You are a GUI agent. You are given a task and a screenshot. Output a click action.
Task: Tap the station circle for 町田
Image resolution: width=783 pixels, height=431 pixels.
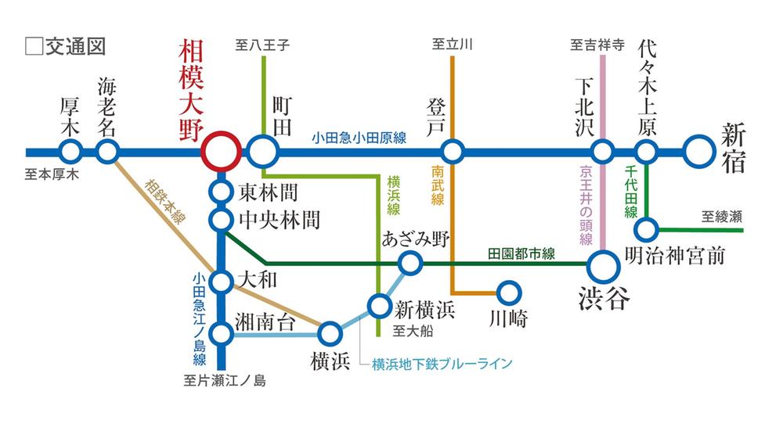coord(264,151)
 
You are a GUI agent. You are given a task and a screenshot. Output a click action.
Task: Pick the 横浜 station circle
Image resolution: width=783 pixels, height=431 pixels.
coord(330,335)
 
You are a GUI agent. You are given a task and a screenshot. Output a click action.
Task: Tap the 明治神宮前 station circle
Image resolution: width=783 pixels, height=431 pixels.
coord(647,230)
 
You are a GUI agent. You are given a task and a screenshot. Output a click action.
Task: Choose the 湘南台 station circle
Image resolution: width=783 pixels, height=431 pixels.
coord(222,335)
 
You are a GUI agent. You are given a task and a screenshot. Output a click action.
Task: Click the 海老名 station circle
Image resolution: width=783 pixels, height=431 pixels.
coord(108,151)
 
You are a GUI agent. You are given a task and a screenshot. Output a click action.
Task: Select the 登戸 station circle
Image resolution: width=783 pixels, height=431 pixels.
coord(452,151)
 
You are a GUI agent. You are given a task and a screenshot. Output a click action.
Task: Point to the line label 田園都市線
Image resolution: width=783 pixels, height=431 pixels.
coord(521,253)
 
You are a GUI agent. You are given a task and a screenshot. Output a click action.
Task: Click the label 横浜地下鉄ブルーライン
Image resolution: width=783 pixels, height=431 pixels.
coord(442,364)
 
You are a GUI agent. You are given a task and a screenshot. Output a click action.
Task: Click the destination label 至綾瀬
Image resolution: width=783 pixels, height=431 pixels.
coord(720,216)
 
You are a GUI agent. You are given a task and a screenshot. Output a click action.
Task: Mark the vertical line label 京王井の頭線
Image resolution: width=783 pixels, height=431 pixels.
coord(586,203)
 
